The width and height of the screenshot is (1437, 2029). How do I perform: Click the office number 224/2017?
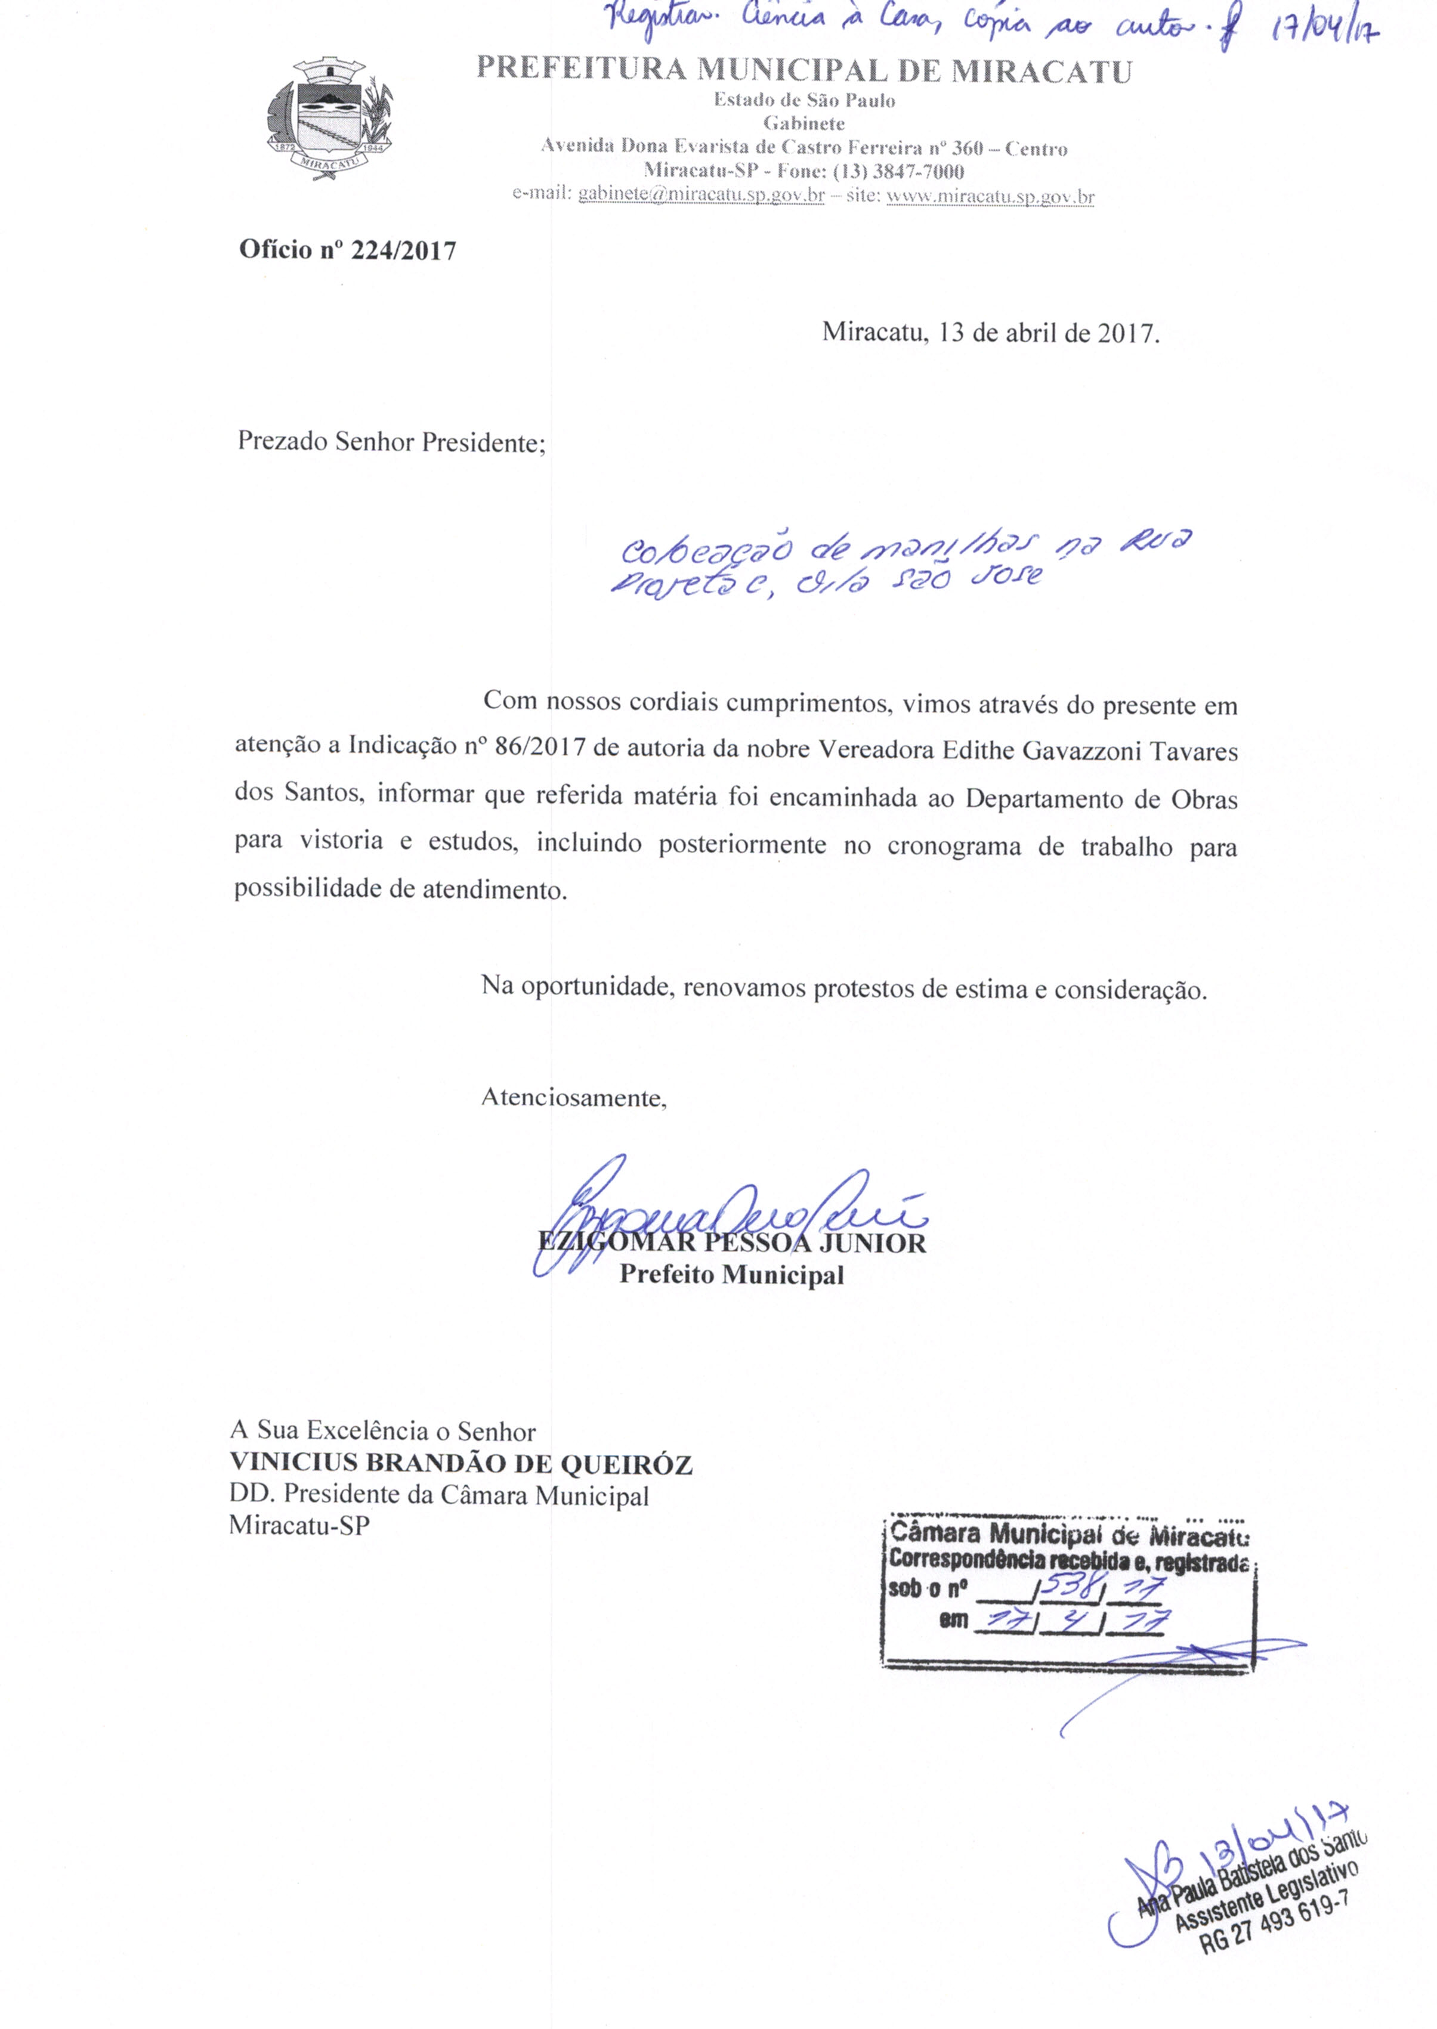click(x=403, y=251)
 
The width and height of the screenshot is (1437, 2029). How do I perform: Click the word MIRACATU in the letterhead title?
click(x=1042, y=71)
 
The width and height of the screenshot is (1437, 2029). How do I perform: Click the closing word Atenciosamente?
click(x=573, y=1098)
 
